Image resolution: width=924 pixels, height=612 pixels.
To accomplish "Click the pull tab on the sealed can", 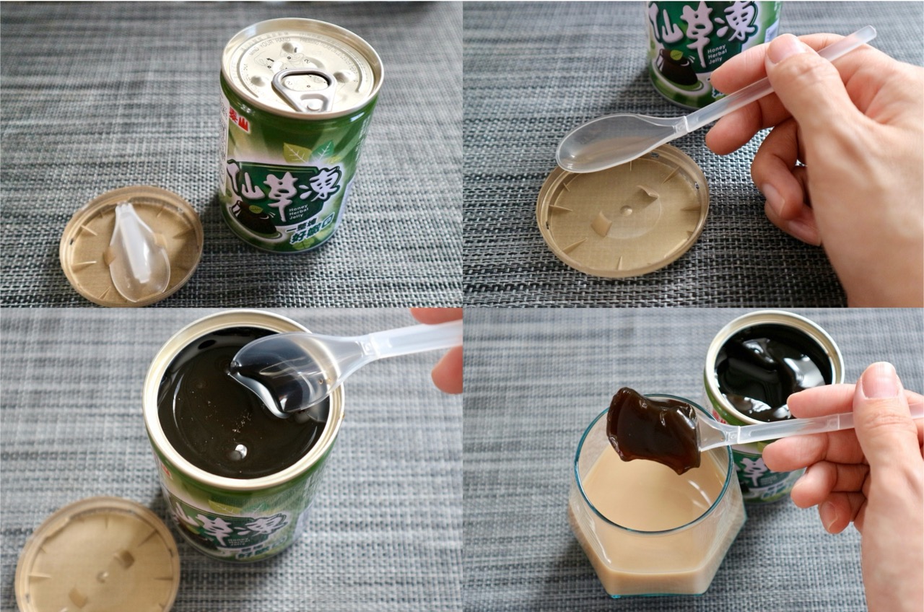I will (304, 88).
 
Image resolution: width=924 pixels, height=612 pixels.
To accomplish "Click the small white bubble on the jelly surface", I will (238, 451).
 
